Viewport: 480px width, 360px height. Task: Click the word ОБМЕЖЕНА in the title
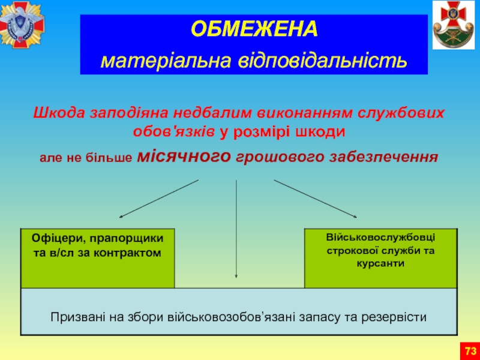point(254,29)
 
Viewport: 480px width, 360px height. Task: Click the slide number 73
point(470,351)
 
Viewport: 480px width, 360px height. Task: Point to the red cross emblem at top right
point(454,25)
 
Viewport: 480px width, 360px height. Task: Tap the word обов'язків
point(174,132)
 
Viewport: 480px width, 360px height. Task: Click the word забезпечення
point(384,157)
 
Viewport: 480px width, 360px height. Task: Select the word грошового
point(280,157)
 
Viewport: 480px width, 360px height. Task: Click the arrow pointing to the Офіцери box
point(159,199)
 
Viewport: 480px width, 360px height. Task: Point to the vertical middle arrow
point(236,229)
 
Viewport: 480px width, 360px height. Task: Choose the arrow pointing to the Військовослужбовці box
point(316,199)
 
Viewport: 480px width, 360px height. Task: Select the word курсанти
point(380,263)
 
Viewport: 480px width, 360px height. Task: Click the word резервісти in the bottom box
point(394,317)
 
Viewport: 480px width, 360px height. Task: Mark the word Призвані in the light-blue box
point(78,317)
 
